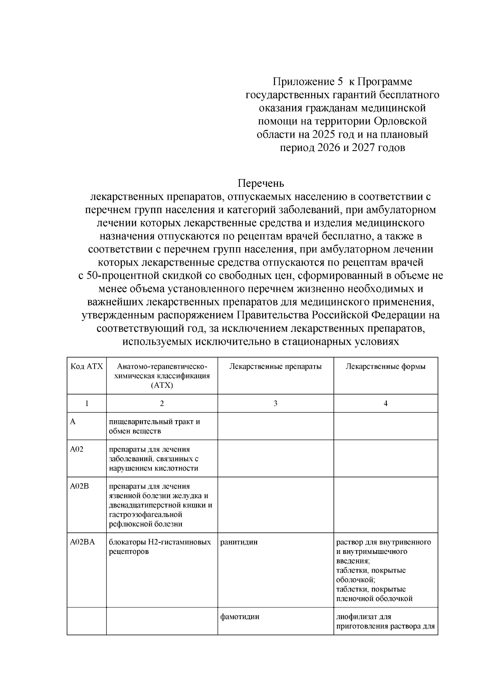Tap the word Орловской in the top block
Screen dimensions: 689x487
click(401, 121)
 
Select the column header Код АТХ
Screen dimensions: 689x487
click(86, 367)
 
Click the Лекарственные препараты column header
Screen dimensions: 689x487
click(275, 367)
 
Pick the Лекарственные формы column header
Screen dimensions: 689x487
click(385, 367)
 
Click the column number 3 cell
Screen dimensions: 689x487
click(276, 403)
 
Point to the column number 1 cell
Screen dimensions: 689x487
click(86, 403)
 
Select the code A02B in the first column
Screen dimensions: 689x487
click(79, 486)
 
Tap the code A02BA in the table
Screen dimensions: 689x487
click(82, 542)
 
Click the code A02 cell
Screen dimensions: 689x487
click(77, 449)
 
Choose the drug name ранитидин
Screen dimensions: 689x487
click(239, 542)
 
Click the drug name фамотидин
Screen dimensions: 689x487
click(239, 617)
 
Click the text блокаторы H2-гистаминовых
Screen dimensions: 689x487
click(160, 542)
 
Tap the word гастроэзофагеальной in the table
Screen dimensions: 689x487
click(145, 514)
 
